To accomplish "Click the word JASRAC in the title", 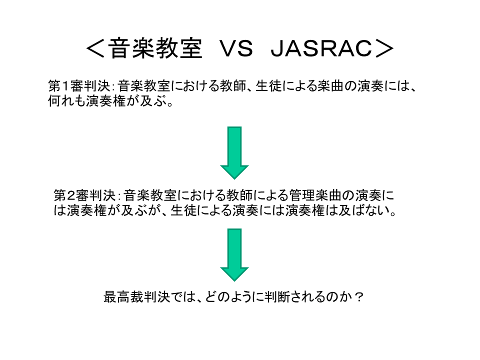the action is tap(321, 48).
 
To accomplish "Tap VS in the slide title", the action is tap(236, 48).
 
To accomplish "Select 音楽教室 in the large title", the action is tap(155, 48).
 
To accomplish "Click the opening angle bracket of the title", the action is tap(96, 48).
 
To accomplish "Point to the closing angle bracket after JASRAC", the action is tap(384, 48).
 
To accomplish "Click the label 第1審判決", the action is tap(79, 85).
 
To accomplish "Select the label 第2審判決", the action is tap(85, 195).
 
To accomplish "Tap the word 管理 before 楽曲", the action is tap(302, 195).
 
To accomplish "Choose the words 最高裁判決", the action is tap(136, 296).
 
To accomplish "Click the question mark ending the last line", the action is tap(359, 296).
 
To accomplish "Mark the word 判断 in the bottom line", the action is tap(277, 296).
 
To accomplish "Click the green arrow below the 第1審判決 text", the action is tap(234, 153).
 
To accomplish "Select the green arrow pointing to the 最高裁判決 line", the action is tap(234, 254).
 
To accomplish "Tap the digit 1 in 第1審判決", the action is tap(65, 86).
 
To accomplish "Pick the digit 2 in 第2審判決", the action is tap(71, 195).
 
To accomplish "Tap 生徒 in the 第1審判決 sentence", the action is tap(268, 85).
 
